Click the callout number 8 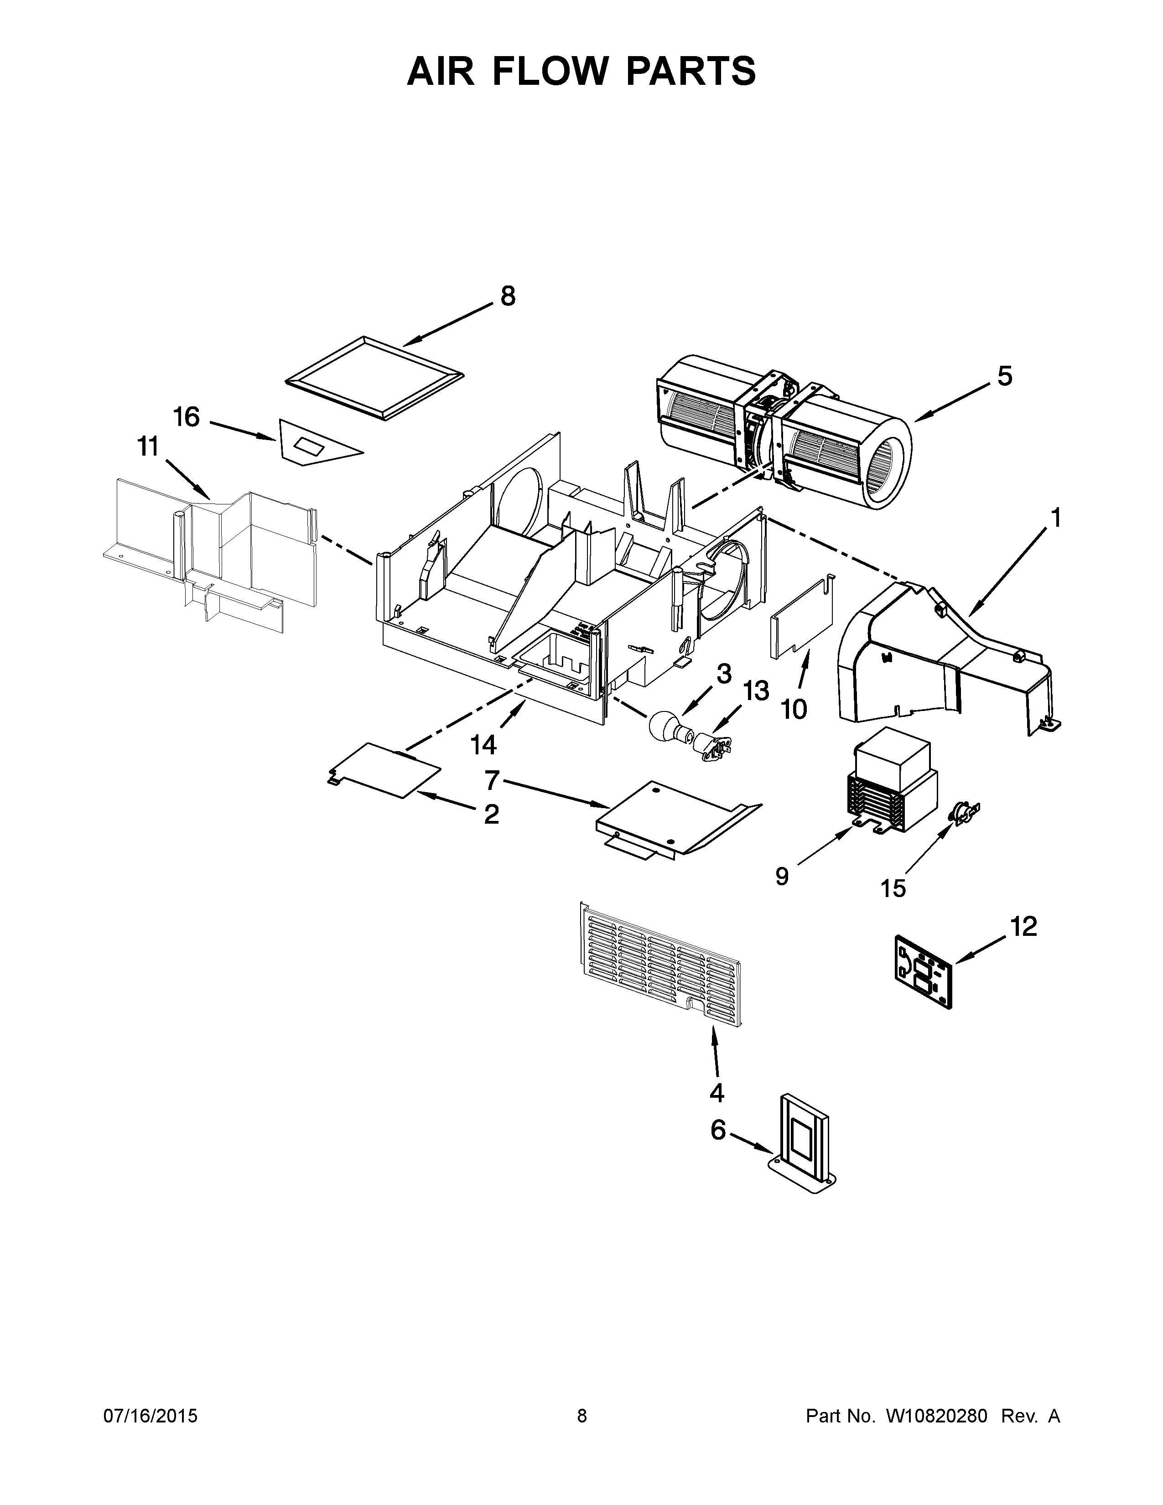[x=507, y=296]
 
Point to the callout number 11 [x=147, y=447]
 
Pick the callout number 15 [x=893, y=889]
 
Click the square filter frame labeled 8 [x=374, y=378]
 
